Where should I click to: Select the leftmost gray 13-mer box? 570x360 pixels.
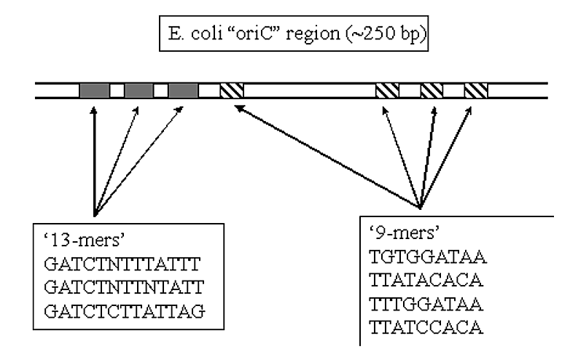point(94,91)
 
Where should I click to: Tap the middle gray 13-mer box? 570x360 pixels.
point(138,91)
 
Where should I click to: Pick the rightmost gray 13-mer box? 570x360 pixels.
point(183,91)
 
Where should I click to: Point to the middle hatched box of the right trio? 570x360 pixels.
point(432,91)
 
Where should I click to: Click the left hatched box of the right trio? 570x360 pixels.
point(387,91)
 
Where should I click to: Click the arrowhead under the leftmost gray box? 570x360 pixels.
point(94,111)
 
